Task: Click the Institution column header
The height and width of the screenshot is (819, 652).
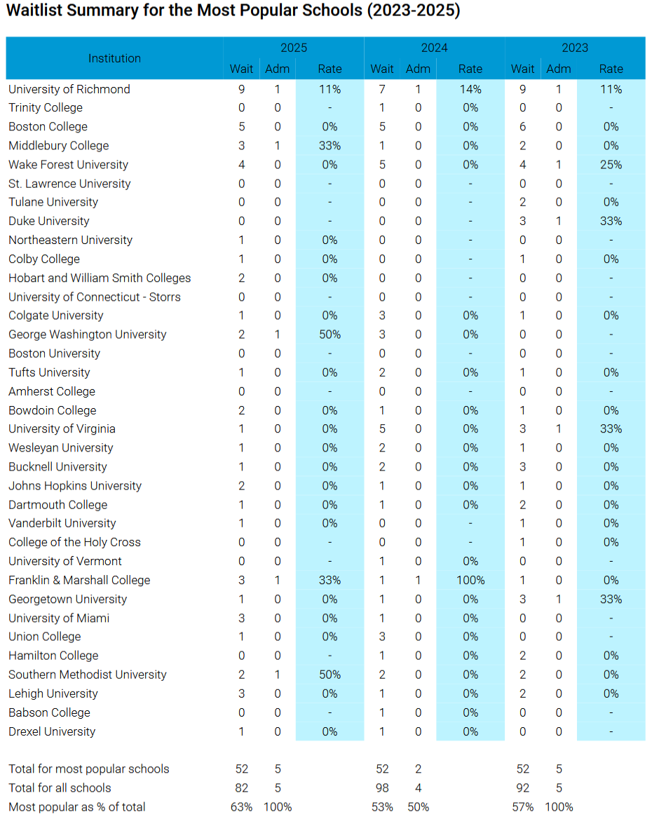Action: click(x=114, y=58)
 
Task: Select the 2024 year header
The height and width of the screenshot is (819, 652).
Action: click(x=434, y=48)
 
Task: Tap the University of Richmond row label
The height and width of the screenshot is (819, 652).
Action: click(x=69, y=89)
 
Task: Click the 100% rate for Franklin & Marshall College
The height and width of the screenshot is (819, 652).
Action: click(x=470, y=581)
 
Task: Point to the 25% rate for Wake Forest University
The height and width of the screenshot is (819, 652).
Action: click(x=611, y=165)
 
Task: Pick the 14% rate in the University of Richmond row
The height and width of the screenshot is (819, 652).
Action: click(x=470, y=89)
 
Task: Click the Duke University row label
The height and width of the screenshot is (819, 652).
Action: click(x=48, y=222)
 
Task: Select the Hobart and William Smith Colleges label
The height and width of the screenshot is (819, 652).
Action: click(x=100, y=278)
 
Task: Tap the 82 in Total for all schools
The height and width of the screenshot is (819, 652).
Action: click(x=241, y=787)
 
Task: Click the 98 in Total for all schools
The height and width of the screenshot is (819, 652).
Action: click(x=382, y=787)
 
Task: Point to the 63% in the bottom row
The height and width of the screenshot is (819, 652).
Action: click(x=241, y=807)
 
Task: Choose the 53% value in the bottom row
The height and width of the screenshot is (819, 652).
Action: click(x=382, y=807)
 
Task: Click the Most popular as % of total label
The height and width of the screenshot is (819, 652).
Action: click(x=77, y=807)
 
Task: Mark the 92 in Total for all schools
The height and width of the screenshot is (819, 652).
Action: click(x=522, y=787)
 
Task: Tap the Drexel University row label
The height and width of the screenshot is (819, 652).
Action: click(x=52, y=732)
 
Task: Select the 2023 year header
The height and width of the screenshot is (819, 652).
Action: click(x=575, y=48)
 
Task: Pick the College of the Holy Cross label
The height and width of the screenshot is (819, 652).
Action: click(x=74, y=542)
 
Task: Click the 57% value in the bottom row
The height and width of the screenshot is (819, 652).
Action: click(x=522, y=807)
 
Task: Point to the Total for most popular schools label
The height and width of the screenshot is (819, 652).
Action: click(x=89, y=769)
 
